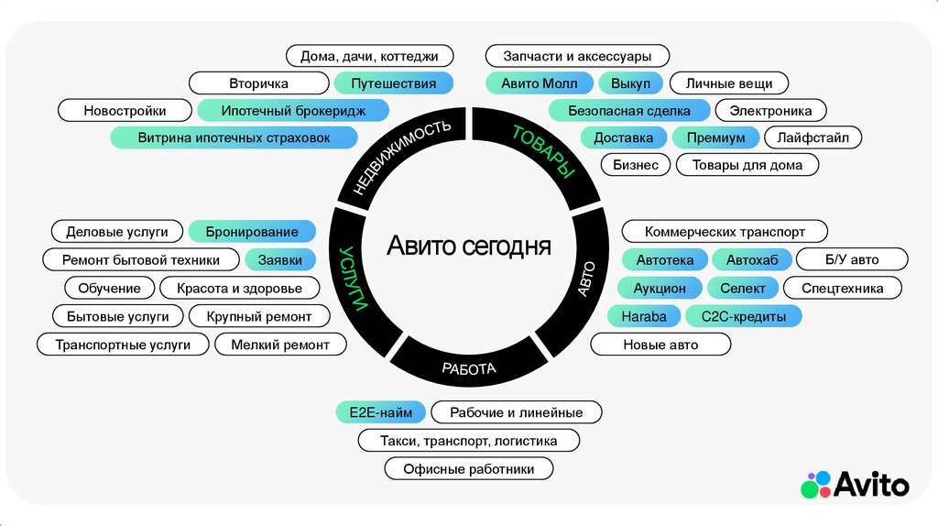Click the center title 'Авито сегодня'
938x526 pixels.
(468, 246)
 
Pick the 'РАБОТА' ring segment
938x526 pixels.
(468, 369)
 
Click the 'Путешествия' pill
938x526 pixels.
(394, 83)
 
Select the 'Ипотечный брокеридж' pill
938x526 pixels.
(293, 111)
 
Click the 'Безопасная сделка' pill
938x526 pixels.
(629, 111)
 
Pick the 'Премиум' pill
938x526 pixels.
(715, 138)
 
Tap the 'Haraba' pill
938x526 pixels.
(644, 316)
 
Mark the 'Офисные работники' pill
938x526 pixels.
(468, 469)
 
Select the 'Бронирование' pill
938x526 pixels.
(252, 232)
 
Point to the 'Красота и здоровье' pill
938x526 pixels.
(239, 289)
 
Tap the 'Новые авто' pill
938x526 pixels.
(660, 345)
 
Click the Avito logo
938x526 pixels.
(856, 485)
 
